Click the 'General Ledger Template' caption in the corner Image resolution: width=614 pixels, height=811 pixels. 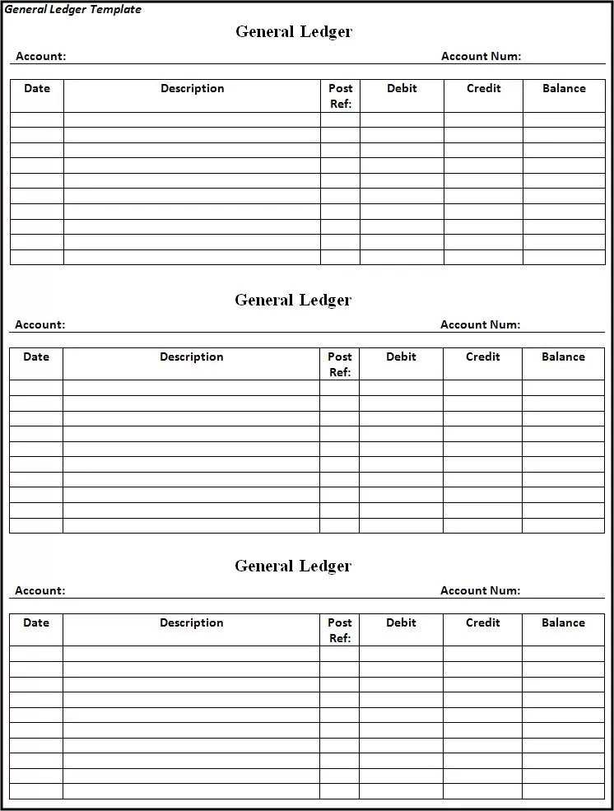click(x=73, y=10)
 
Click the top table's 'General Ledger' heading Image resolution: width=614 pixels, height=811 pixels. click(x=294, y=32)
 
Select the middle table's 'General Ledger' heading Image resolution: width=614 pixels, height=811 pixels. click(x=293, y=301)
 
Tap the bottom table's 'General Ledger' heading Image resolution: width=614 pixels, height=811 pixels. click(x=293, y=566)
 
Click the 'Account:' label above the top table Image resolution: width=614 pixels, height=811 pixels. click(x=40, y=57)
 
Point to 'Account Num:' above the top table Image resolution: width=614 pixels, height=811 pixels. click(x=481, y=57)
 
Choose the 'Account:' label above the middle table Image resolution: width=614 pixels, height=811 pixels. click(x=40, y=325)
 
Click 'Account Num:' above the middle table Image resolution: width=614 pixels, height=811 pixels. click(x=480, y=325)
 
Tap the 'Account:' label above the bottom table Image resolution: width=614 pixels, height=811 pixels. click(x=40, y=591)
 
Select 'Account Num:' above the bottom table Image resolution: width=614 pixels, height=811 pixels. click(x=480, y=591)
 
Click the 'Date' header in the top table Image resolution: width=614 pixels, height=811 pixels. click(x=37, y=89)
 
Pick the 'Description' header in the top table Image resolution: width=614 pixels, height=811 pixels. click(x=193, y=89)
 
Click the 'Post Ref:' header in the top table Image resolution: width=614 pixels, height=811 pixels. click(x=341, y=96)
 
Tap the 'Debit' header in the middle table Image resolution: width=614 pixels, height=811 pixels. click(x=401, y=357)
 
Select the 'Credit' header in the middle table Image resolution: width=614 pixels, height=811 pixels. click(x=482, y=357)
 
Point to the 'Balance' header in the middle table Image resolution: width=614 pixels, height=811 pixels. click(x=563, y=357)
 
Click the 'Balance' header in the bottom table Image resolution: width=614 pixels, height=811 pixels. click(x=563, y=623)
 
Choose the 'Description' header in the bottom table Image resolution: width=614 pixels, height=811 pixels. click(x=192, y=623)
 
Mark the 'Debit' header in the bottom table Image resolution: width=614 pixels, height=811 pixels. click(x=401, y=623)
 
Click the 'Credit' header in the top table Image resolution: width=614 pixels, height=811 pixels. click(x=483, y=89)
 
